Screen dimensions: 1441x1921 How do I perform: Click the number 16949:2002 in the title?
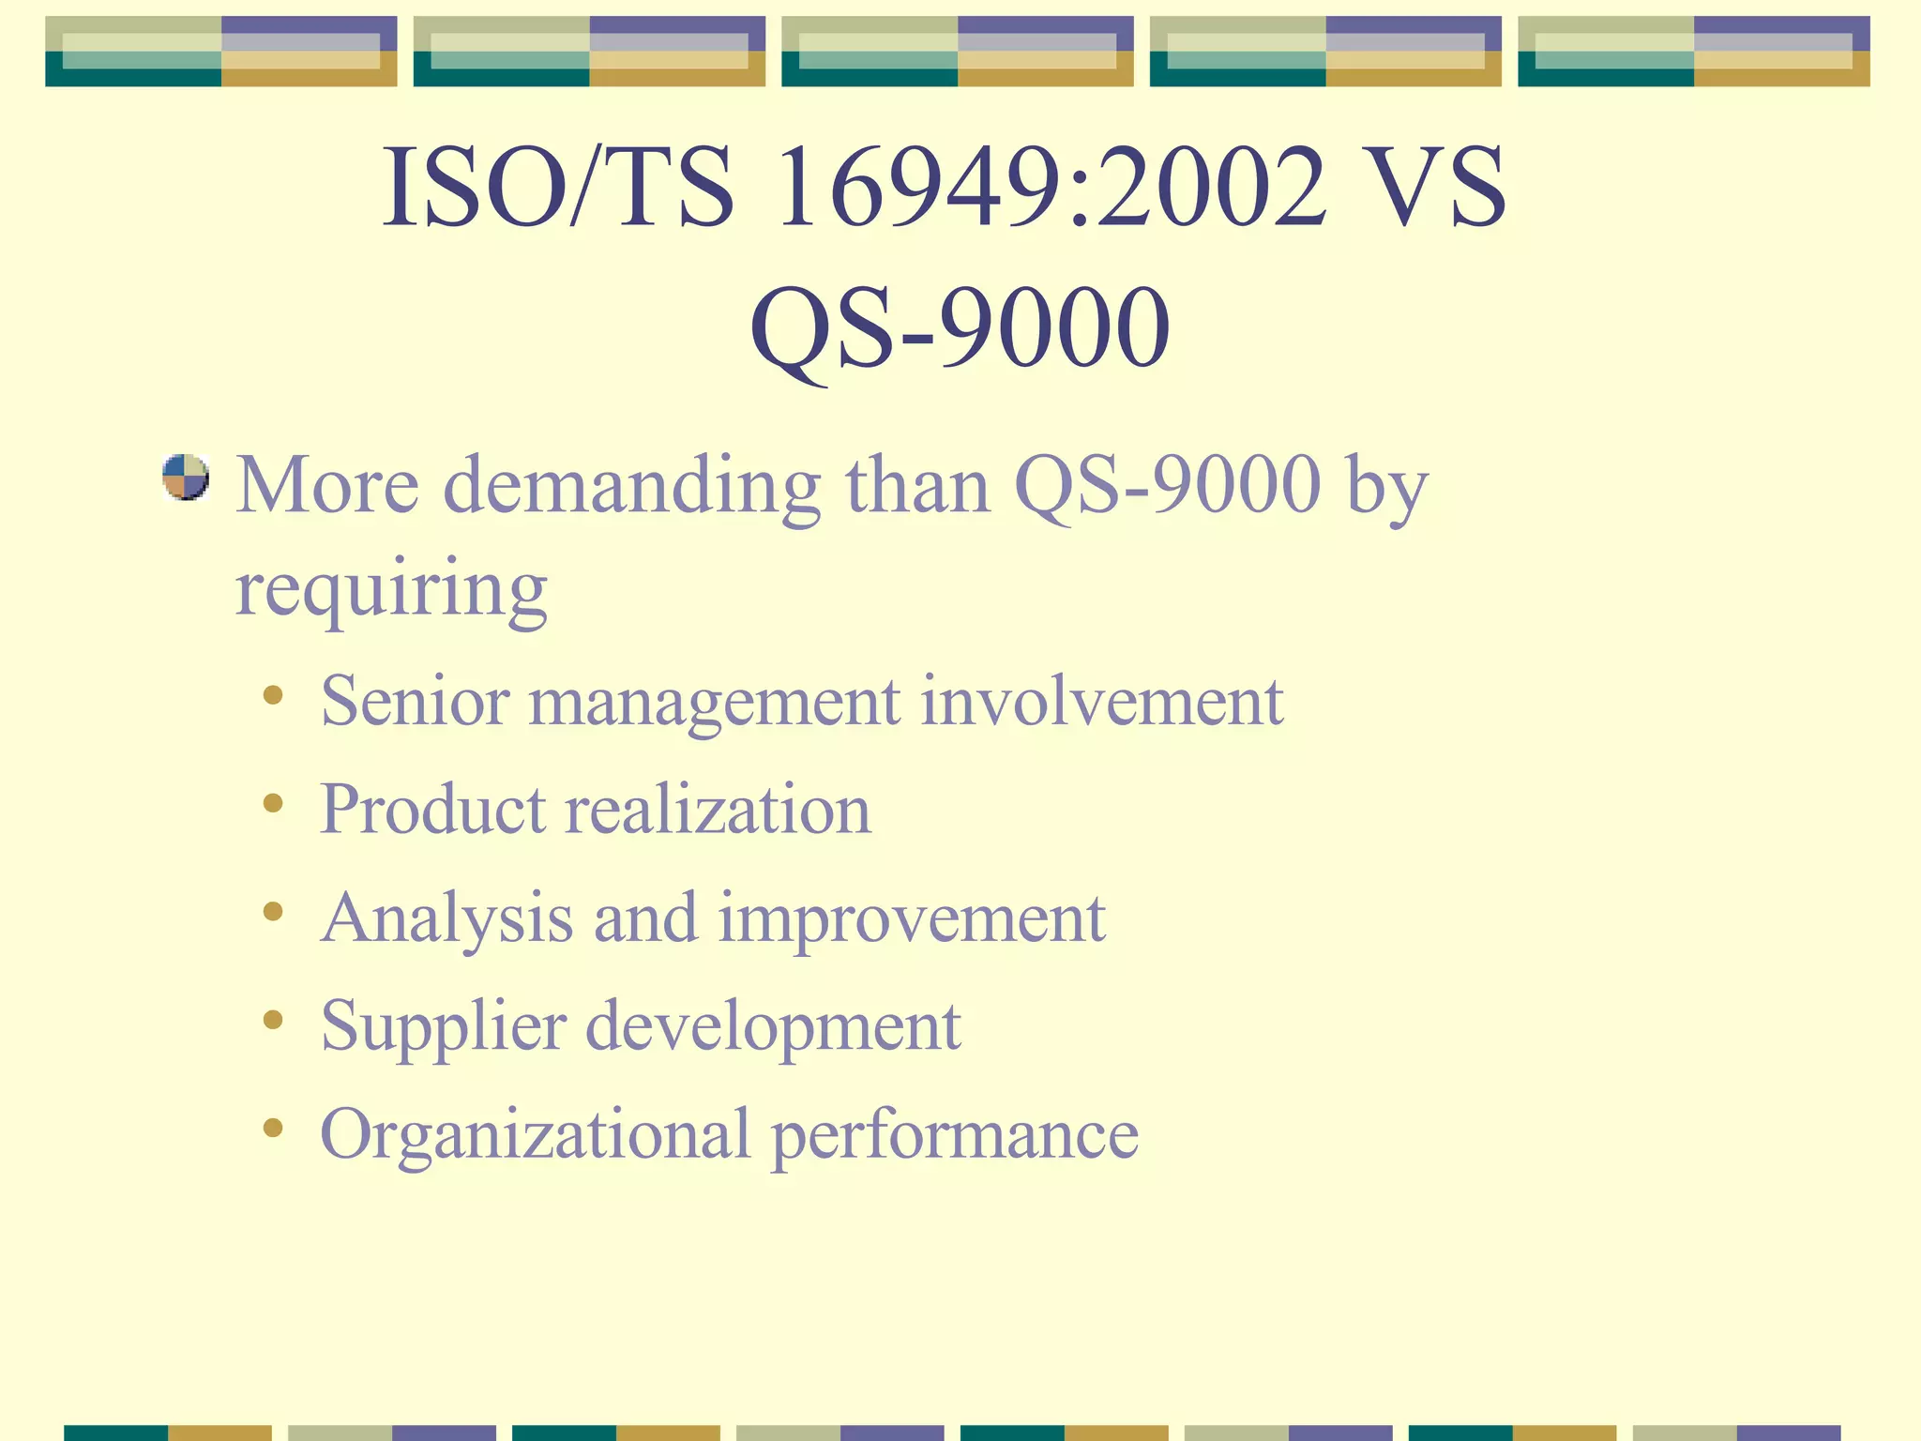click(1051, 188)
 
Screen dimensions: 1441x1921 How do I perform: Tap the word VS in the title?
click(1436, 188)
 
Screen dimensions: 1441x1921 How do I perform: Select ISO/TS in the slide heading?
click(559, 188)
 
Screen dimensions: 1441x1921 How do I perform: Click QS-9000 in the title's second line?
click(960, 328)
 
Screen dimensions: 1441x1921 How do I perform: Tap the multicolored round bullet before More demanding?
click(186, 478)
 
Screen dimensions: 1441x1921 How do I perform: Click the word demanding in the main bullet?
click(631, 486)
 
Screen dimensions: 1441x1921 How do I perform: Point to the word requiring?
click(391, 589)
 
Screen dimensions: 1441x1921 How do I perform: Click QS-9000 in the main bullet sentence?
click(1168, 486)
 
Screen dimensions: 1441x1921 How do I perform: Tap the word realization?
click(718, 809)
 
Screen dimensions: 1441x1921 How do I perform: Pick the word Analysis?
click(446, 918)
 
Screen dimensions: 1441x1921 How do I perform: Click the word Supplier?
click(444, 1026)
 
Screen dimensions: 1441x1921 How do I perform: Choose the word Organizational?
click(535, 1134)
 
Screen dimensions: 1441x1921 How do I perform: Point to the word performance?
click(954, 1134)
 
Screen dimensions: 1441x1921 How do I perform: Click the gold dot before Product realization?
click(273, 803)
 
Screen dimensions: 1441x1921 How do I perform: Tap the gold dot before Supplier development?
click(273, 1020)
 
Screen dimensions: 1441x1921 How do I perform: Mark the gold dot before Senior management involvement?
click(273, 695)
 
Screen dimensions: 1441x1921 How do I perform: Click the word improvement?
click(912, 918)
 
